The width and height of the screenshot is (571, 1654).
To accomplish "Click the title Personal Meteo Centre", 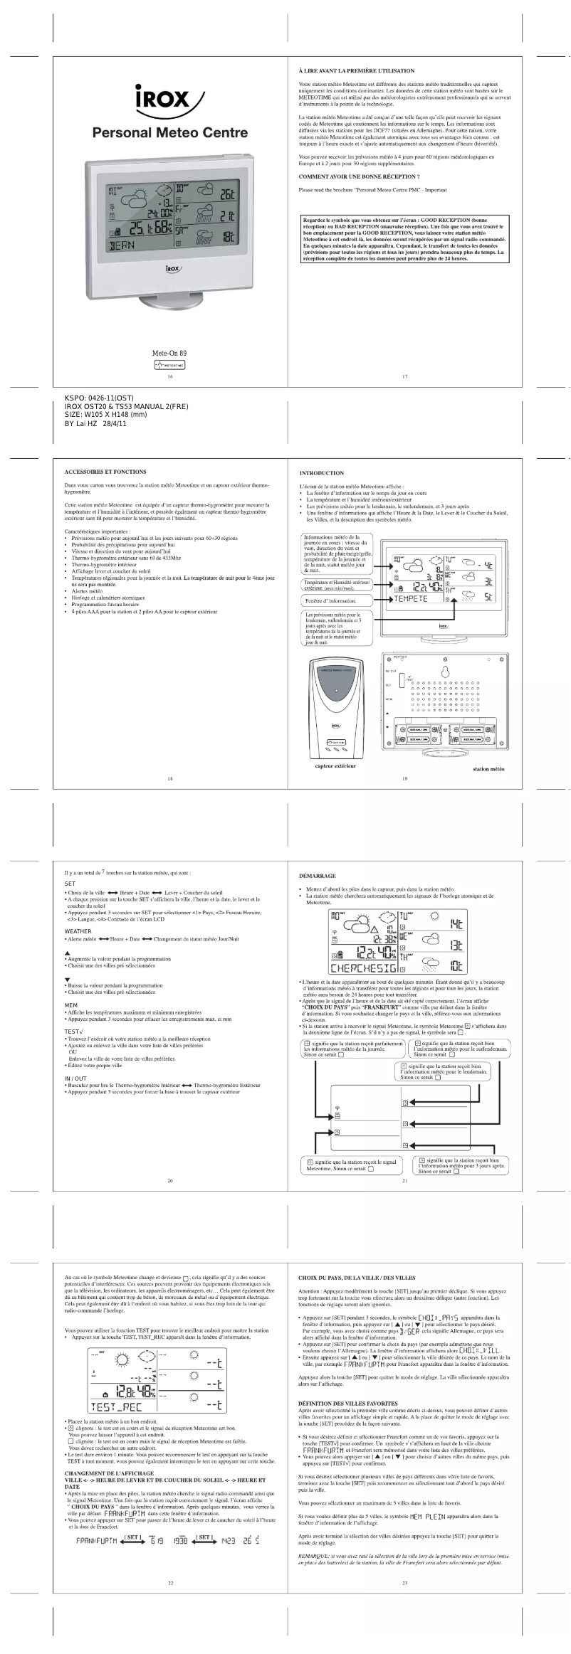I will pyautogui.click(x=169, y=132).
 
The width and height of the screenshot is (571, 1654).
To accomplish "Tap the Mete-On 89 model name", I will pyautogui.click(x=169, y=353).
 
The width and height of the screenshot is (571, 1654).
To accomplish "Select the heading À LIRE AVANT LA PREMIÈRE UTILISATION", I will pyautogui.click(x=357, y=71).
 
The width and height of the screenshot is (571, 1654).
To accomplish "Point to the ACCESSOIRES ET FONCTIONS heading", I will pyautogui.click(x=105, y=472).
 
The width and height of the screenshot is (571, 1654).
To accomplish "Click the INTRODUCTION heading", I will pyautogui.click(x=322, y=473).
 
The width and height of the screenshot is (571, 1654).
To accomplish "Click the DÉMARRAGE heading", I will pyautogui.click(x=317, y=876).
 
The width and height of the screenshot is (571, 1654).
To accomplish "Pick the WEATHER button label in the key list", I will pyautogui.click(x=78, y=931).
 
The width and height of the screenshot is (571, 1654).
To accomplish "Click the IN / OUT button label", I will pyautogui.click(x=75, y=1078).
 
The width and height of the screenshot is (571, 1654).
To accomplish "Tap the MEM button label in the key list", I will pyautogui.click(x=71, y=1005).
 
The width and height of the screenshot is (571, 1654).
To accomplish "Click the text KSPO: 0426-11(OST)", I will pyautogui.click(x=95, y=398).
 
